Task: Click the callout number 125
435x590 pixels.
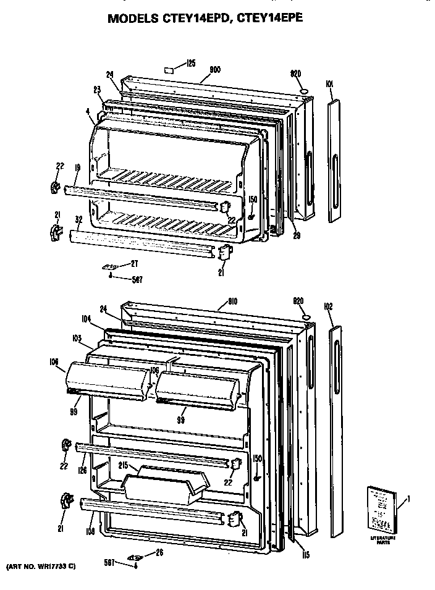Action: pos(191,62)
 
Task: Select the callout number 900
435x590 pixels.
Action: pos(216,70)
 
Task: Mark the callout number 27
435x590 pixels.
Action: pos(135,264)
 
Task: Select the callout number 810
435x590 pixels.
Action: pos(232,301)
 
